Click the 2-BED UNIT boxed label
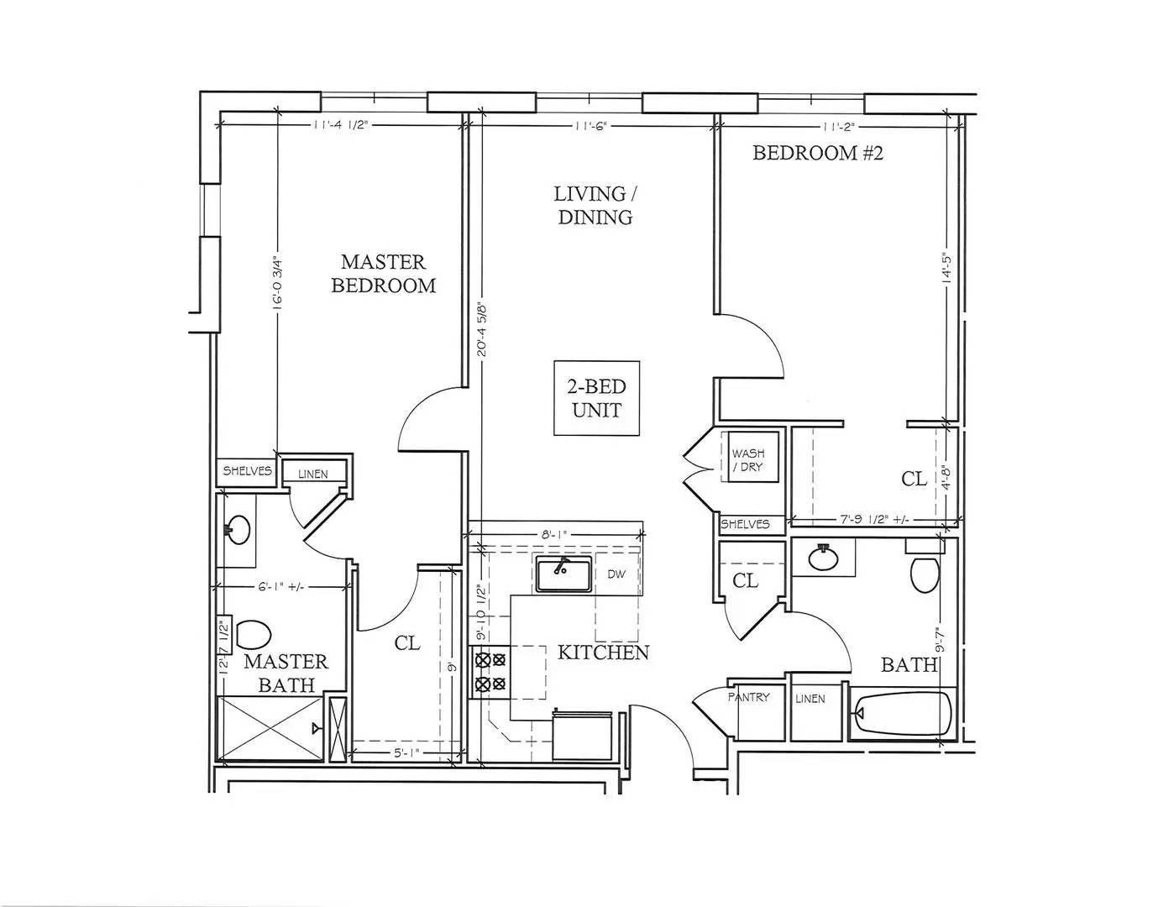click(596, 398)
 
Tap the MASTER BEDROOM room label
click(383, 274)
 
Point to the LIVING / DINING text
click(595, 206)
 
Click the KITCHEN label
click(603, 653)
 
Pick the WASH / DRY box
click(747, 459)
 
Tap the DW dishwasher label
click(616, 574)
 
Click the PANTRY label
click(748, 697)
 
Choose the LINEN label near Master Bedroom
click(312, 474)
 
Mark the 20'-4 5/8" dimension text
click(482, 329)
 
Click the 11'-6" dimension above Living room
click(591, 126)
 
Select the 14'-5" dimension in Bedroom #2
click(947, 269)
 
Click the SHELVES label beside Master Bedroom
click(247, 471)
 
